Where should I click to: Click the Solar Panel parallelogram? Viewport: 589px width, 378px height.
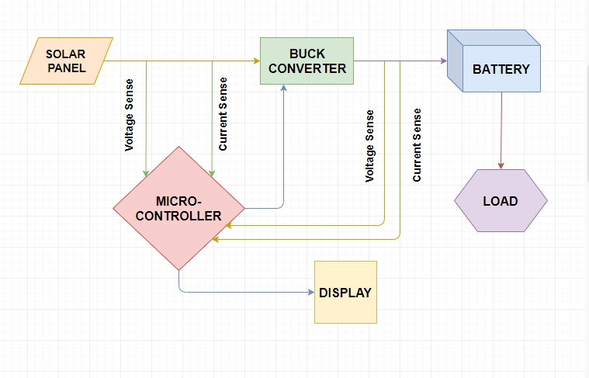66,61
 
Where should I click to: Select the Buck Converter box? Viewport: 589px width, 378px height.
307,61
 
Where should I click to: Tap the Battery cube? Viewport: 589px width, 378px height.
494,61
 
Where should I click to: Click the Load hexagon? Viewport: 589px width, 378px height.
501,201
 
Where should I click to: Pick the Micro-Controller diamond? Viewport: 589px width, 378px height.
178,208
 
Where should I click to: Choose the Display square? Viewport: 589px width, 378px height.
345,293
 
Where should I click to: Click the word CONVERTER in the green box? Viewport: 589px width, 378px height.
307,69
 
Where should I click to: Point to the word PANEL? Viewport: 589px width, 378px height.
67,68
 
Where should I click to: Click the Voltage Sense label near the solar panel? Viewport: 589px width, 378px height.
130,115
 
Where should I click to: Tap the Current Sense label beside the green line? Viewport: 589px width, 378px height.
223,114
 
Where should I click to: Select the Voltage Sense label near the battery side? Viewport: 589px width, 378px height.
370,146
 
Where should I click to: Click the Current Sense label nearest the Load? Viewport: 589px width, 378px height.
417,145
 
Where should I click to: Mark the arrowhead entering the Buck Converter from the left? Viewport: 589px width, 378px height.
257,61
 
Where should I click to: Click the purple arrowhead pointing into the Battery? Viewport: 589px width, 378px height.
444,61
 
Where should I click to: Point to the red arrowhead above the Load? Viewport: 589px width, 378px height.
501,166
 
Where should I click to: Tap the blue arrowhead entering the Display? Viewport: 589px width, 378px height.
311,292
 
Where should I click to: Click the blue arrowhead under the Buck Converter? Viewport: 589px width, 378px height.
283,88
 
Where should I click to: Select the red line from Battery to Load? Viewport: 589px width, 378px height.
501,130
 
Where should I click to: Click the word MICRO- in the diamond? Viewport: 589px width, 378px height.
178,201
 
